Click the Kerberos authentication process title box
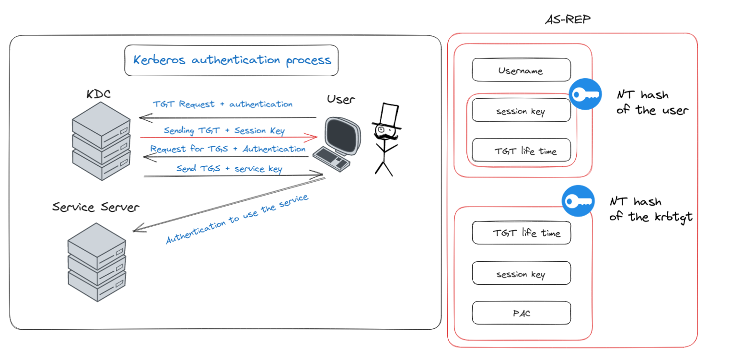coord(231,60)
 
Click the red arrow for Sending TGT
coord(229,138)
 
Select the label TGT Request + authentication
coord(222,104)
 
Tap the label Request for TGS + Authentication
coord(228,149)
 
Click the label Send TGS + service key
coord(229,169)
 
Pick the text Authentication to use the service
coord(237,219)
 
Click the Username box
coord(521,70)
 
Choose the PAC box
coord(521,314)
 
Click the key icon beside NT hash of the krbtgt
coord(578,201)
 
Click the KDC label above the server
coord(98,94)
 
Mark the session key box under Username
coord(521,111)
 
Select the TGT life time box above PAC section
coord(521,233)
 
